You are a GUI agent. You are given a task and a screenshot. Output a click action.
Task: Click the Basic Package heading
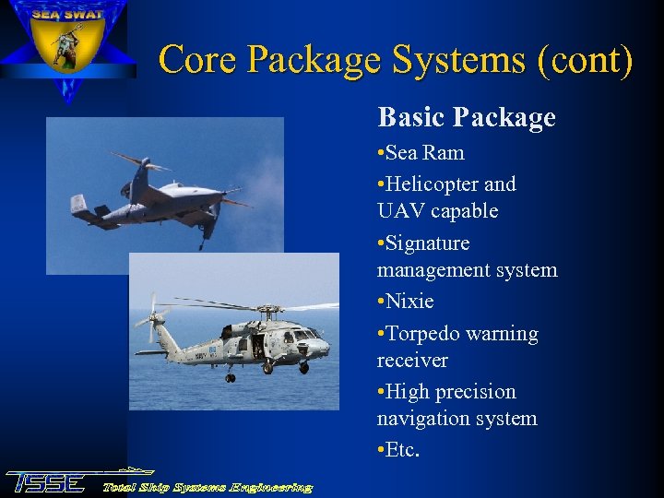coord(467,118)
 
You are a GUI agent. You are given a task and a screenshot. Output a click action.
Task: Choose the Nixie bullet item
coord(409,302)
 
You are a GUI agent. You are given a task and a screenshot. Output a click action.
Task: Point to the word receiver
coord(412,360)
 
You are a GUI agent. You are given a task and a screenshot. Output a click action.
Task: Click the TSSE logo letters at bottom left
coord(46,482)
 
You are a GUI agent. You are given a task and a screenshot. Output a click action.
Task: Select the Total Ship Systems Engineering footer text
coord(207,487)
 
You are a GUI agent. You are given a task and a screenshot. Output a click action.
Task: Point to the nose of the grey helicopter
coord(323,348)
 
